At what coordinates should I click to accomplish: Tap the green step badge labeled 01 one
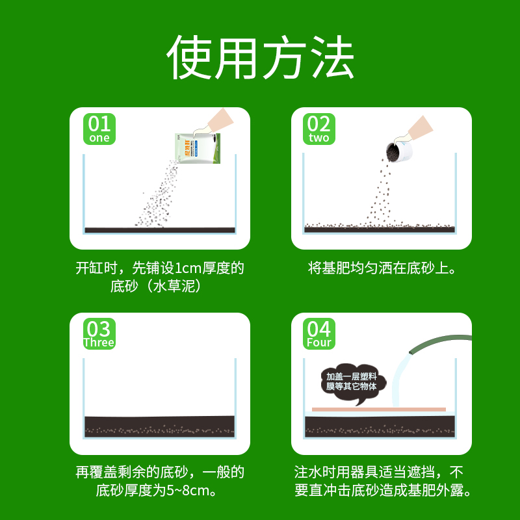99,128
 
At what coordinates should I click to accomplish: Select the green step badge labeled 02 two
319,128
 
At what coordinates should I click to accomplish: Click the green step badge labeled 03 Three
99,333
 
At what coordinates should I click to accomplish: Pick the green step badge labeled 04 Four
319,333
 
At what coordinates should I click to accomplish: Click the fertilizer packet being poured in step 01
198,148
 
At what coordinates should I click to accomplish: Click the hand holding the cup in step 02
419,128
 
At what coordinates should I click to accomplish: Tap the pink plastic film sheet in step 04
378,409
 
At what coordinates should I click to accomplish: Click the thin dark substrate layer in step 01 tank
160,229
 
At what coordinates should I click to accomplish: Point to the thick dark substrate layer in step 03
160,426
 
